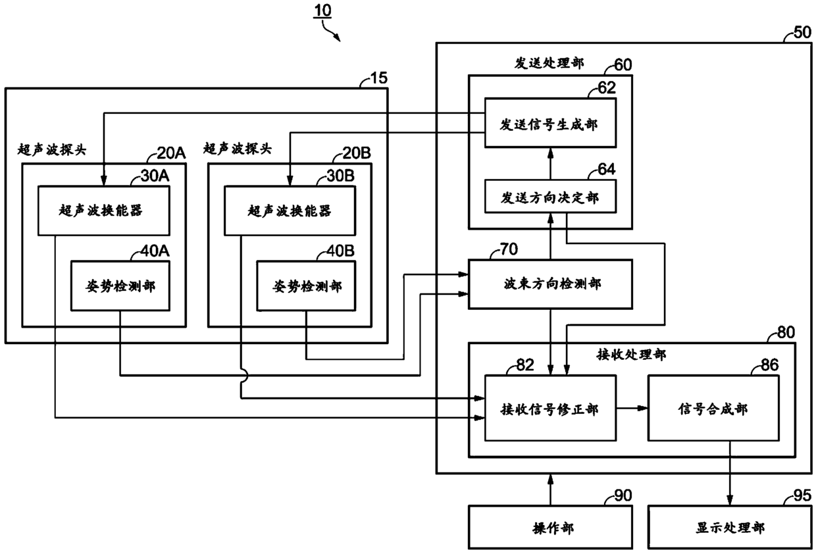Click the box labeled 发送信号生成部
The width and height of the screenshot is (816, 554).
pos(550,123)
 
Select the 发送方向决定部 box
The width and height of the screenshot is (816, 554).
pos(550,196)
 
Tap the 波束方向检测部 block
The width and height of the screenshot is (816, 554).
pos(550,284)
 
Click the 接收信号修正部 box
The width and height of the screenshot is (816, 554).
pos(550,409)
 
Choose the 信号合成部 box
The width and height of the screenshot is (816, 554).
pos(713,409)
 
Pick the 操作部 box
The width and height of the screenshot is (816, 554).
pos(550,526)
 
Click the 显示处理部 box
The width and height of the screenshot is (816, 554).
pos(730,526)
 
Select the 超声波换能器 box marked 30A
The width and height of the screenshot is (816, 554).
pos(104,211)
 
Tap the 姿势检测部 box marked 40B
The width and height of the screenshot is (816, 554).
pos(306,286)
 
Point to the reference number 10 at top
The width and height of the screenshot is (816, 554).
pos(322,11)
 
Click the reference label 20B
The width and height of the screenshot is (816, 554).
pos(356,153)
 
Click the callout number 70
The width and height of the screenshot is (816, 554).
pos(509,249)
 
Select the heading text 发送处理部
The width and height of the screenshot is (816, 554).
pos(549,63)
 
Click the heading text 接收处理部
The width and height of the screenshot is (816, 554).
pos(631,355)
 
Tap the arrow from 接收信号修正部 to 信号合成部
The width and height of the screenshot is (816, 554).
pos(632,409)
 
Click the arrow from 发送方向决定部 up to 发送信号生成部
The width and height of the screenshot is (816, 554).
pos(550,164)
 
